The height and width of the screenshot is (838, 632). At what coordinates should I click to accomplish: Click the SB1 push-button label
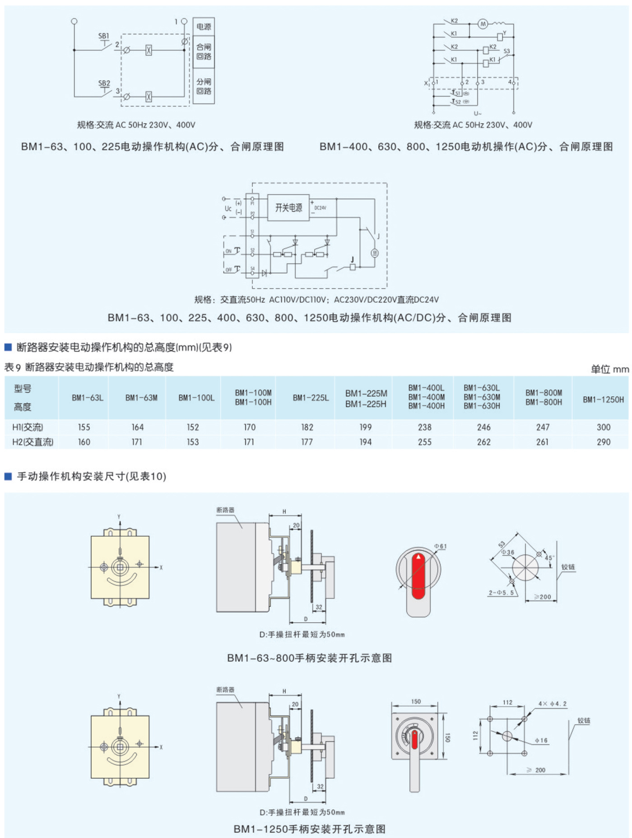103,36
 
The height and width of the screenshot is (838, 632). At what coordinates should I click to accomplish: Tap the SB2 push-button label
104,84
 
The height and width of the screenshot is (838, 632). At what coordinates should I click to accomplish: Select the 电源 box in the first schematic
204,27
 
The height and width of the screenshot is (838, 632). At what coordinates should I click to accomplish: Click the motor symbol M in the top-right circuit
483,24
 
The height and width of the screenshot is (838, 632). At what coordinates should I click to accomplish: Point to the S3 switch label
507,51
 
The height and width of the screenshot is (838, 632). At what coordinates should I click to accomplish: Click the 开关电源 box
288,208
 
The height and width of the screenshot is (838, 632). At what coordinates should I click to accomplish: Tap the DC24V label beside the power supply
320,208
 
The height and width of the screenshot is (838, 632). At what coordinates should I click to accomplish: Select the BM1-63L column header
88,398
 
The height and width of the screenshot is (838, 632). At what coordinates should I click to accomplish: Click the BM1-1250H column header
603,399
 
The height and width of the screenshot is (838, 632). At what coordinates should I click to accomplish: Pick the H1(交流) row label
28,427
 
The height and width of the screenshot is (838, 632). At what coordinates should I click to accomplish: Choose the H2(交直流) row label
33,442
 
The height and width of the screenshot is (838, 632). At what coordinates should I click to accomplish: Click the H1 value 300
603,427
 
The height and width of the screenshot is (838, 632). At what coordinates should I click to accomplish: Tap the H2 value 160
84,442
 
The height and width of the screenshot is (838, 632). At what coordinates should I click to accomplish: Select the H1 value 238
424,427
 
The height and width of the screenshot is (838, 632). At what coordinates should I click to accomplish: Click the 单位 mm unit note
609,369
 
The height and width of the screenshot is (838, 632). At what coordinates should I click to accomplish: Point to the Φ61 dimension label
440,546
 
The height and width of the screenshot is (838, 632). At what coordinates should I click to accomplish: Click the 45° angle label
549,558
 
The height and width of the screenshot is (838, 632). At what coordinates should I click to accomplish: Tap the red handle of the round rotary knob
418,576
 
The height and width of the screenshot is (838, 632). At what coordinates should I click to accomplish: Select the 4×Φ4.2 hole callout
552,703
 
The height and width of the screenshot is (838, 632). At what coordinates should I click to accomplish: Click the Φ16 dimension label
541,740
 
